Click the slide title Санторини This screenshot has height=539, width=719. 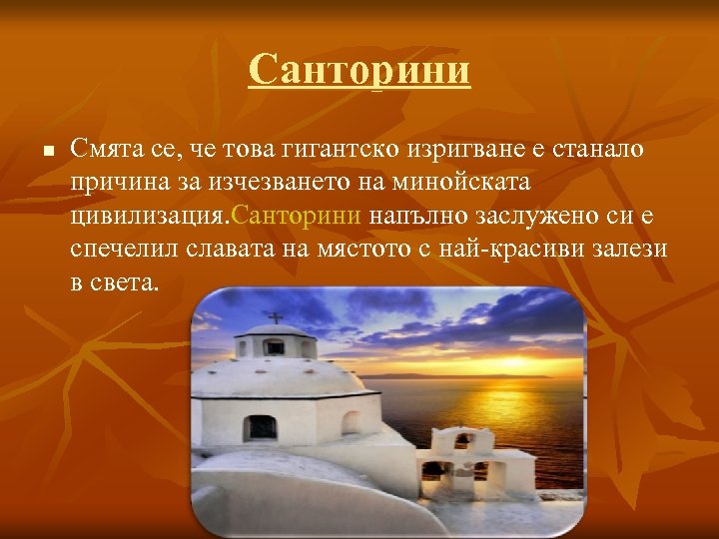359,71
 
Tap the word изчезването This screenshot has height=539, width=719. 282,183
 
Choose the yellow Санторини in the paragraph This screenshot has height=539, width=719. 299,216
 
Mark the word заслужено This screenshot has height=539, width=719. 525,216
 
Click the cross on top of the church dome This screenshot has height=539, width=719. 275,318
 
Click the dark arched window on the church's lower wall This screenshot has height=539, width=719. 260,427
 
